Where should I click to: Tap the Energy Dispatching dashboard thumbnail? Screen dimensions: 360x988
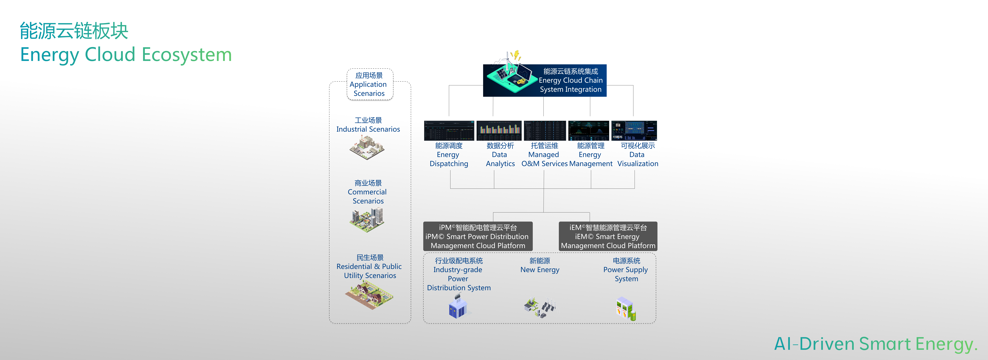pyautogui.click(x=449, y=131)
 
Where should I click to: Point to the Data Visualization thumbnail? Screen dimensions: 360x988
pyautogui.click(x=634, y=131)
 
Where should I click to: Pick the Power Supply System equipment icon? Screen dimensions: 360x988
pyautogui.click(x=626, y=309)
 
